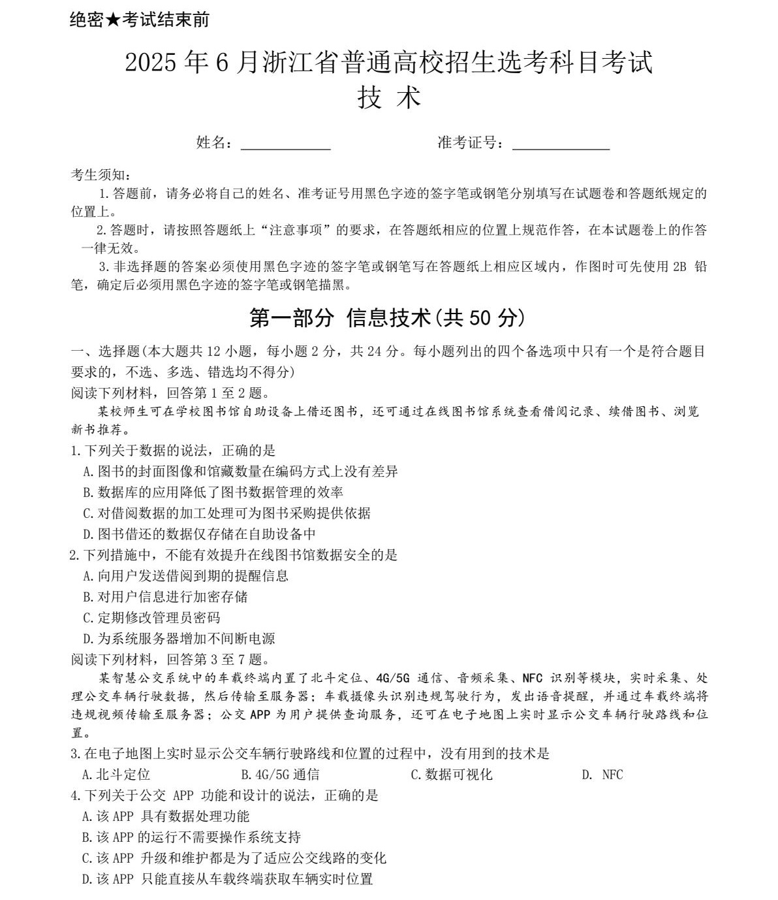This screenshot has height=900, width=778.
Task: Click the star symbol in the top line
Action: coord(112,20)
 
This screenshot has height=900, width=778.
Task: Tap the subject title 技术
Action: coord(389,98)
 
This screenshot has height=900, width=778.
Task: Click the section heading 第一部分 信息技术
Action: coord(388,318)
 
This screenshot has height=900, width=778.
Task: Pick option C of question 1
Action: coord(226,513)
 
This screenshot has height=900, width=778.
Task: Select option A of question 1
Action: coord(240,472)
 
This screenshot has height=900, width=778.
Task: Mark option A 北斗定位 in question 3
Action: coord(116,775)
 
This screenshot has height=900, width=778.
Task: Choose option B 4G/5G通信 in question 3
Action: coord(280,775)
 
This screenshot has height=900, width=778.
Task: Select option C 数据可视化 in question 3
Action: coord(451,775)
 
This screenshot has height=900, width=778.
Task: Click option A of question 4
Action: coord(166,816)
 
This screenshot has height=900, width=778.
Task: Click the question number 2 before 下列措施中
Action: coord(74,555)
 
